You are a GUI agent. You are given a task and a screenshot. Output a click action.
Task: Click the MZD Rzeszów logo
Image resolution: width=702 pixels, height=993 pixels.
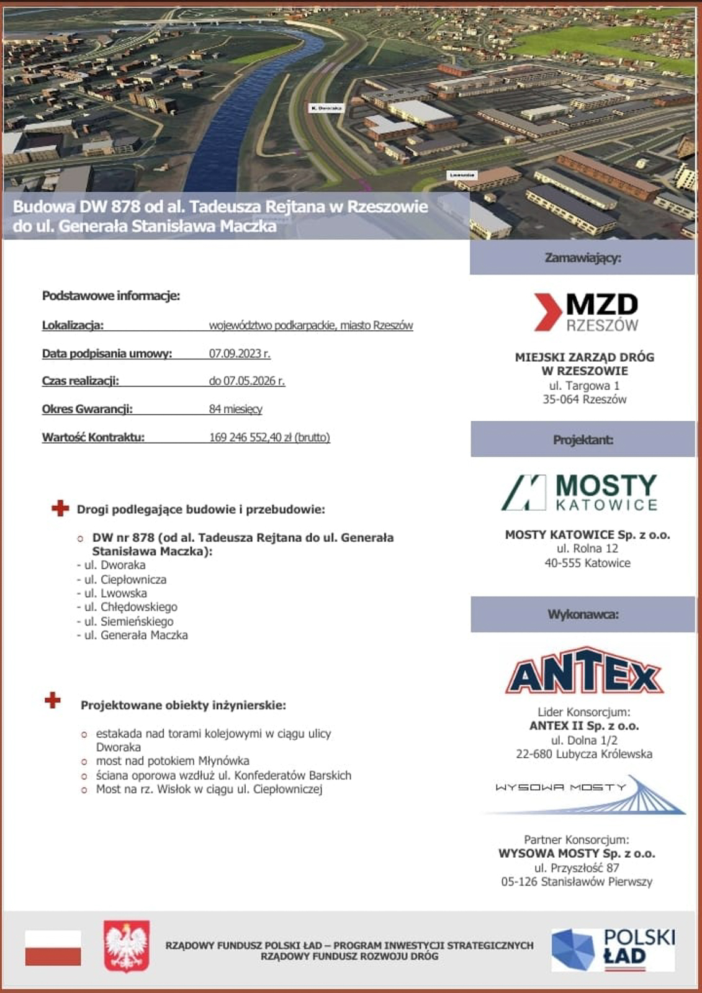point(586,312)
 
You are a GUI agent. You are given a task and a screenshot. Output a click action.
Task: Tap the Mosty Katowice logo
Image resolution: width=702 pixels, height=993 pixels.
point(579,493)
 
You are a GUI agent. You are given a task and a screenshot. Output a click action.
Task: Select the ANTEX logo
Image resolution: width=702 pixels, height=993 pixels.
point(585,672)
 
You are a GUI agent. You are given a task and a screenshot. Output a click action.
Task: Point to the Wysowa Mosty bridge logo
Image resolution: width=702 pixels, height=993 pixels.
point(587,795)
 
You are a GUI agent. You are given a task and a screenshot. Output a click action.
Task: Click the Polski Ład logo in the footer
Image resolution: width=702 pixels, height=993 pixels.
point(613,949)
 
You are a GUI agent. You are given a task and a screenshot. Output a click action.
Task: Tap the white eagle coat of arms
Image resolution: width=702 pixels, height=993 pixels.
point(127,946)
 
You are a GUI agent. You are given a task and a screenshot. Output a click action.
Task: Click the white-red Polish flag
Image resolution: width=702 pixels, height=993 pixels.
point(53,948)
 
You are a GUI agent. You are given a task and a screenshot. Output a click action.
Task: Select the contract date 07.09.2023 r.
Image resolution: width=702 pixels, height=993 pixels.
point(240,354)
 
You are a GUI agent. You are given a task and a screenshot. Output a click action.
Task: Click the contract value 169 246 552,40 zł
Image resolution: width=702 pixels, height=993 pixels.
point(269,438)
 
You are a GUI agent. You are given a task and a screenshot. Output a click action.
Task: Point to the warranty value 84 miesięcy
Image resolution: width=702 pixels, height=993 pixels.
point(235,409)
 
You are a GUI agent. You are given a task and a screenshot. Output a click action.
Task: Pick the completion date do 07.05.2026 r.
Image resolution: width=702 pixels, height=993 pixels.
point(246,381)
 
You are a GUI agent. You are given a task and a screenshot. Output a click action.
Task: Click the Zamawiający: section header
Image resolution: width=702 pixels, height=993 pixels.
point(582,258)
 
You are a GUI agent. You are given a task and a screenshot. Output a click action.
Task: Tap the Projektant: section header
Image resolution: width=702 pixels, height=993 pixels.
point(582,439)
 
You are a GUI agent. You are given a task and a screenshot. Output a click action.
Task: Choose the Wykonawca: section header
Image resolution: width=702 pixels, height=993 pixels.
point(582,614)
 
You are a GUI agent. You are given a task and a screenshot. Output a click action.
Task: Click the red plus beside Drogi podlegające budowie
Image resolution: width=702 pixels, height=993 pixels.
point(60,508)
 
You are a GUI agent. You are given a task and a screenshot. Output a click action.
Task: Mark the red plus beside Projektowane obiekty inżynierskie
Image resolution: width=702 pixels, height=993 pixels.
point(53,701)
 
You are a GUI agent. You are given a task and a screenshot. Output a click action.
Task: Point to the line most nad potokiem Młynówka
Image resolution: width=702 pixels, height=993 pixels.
point(172,761)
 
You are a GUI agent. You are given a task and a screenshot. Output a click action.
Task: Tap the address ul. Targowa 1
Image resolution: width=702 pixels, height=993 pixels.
point(584,385)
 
